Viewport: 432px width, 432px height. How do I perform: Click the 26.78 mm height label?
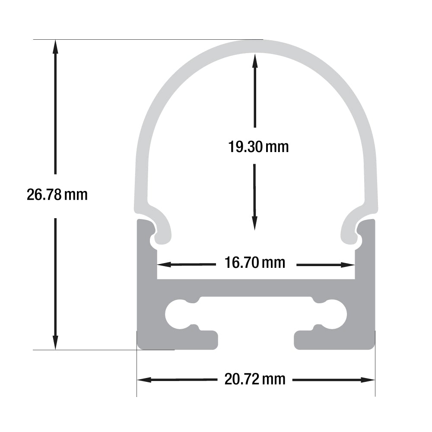[x=57, y=195]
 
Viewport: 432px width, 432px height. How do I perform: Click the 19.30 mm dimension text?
[x=258, y=147]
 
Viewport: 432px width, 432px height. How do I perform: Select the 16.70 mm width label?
[x=255, y=262]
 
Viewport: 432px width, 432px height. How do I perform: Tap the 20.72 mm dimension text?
[x=255, y=380]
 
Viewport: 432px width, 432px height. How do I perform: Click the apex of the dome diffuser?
[x=256, y=46]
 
